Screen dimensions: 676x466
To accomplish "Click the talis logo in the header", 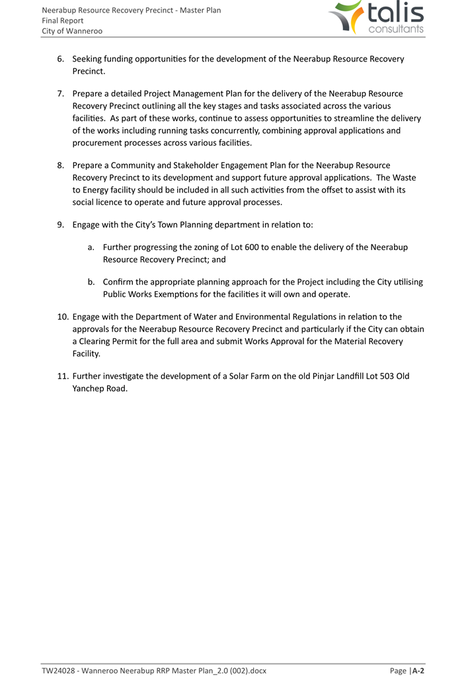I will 377,18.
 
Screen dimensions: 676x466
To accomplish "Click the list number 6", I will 60,59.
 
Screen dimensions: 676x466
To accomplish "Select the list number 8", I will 60,165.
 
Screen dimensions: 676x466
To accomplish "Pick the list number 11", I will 62,376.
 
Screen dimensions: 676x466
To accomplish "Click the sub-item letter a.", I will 91,247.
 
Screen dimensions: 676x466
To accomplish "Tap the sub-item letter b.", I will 91,282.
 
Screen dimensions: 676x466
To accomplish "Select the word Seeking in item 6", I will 89,59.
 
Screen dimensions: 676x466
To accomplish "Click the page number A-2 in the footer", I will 418,671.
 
